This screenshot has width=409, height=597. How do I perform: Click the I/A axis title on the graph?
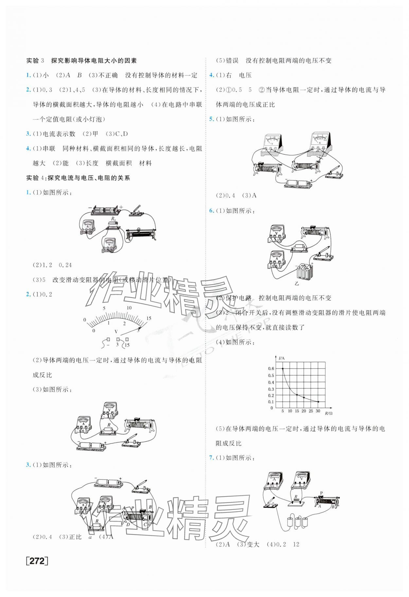click(x=281, y=358)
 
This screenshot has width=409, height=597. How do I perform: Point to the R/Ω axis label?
click(x=329, y=413)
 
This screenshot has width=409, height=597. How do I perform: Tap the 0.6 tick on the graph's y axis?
click(x=271, y=369)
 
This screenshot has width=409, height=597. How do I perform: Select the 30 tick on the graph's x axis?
click(x=318, y=411)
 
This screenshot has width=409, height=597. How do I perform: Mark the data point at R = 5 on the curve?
click(x=283, y=369)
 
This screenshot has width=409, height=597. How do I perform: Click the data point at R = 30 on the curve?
click(x=318, y=402)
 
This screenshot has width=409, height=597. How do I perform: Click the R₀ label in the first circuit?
click(x=113, y=218)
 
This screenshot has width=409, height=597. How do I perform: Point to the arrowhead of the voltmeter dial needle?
click(x=140, y=326)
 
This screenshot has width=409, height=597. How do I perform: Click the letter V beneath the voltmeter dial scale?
click(x=116, y=332)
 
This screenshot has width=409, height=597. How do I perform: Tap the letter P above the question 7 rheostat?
click(x=321, y=493)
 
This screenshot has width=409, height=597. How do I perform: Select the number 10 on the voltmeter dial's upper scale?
click(x=129, y=308)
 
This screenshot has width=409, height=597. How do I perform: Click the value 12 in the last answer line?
click(x=296, y=544)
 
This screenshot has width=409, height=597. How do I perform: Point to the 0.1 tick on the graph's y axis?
click(x=271, y=402)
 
